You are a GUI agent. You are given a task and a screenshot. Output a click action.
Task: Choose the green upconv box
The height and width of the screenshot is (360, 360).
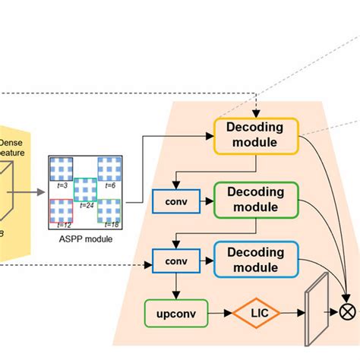click(175, 313)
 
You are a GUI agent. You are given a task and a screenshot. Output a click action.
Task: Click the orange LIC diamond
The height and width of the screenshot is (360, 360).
click(256, 312)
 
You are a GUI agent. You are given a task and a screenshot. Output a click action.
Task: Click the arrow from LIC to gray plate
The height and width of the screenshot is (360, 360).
click(291, 312)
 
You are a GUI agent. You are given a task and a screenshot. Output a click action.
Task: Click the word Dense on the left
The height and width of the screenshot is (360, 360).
click(11, 142)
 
